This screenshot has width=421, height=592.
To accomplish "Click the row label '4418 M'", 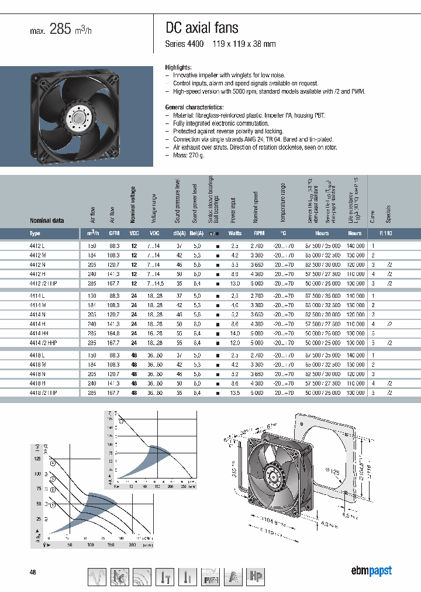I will (38, 364).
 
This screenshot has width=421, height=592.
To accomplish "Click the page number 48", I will (33, 572).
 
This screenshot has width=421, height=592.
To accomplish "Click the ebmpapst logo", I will (371, 571).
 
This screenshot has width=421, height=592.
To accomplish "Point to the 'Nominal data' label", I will (47, 221).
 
